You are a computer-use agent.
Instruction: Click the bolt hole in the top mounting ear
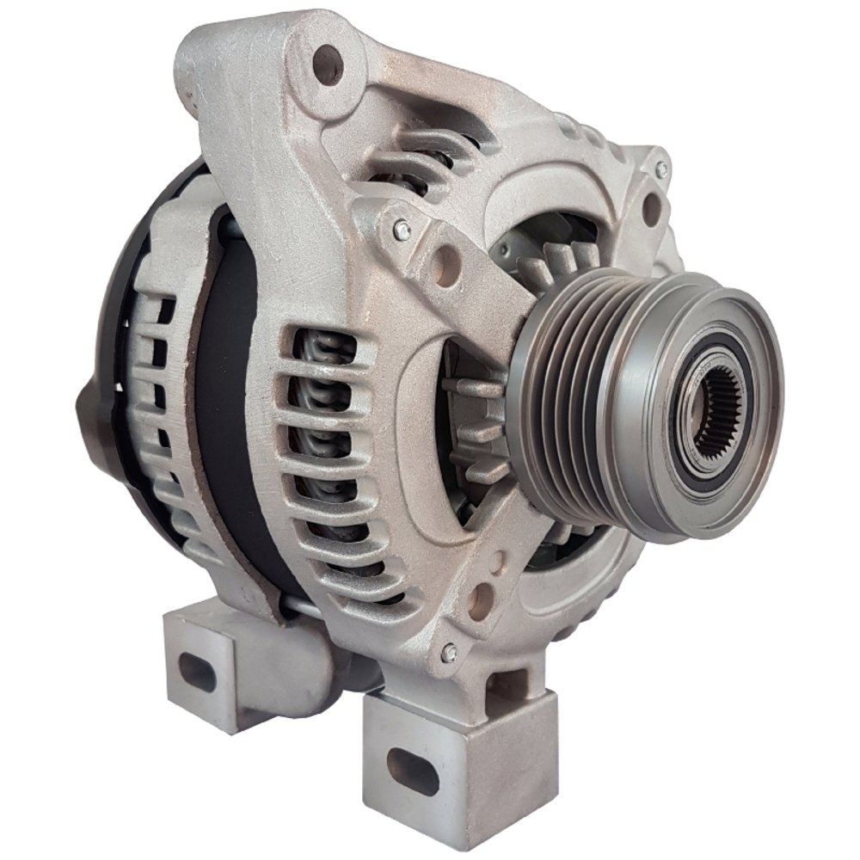click(x=328, y=64)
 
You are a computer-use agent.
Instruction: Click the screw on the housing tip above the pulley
click(x=661, y=169)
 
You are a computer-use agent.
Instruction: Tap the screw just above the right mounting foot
click(x=448, y=653)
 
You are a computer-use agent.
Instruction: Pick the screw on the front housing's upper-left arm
click(x=402, y=230)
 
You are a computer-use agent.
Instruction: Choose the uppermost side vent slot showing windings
click(x=324, y=345)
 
